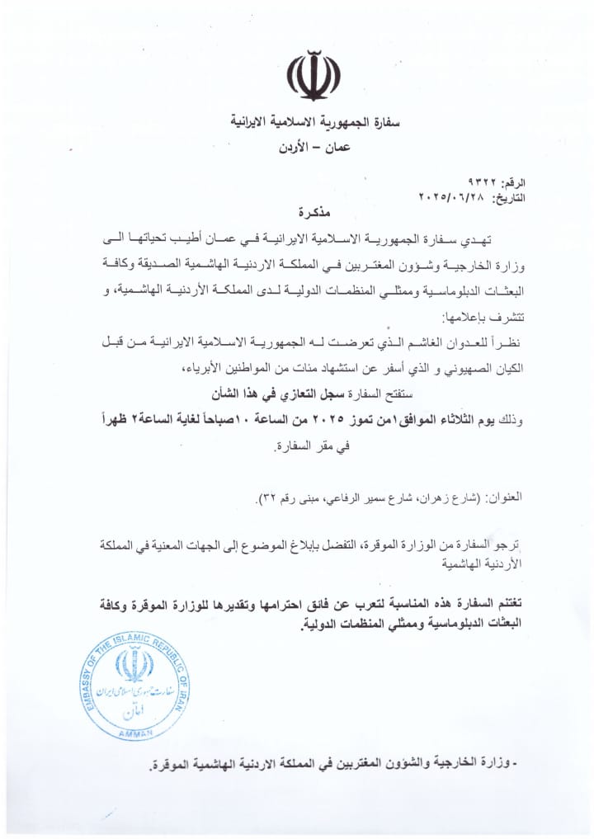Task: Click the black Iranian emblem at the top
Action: coord(313,75)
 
